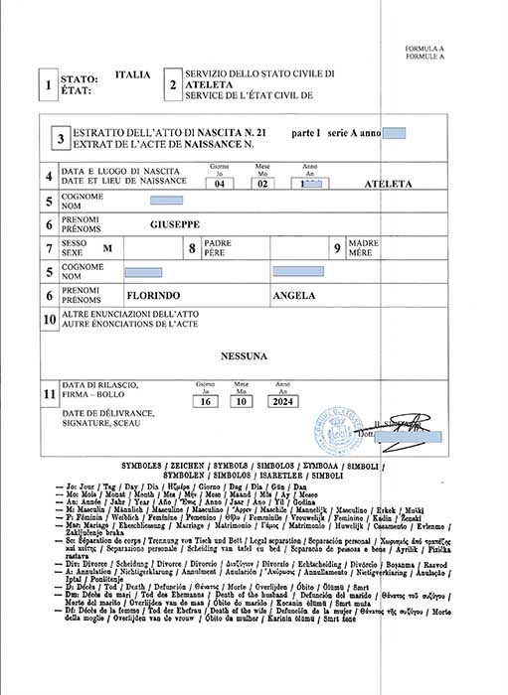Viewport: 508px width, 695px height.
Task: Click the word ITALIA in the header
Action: coord(133,74)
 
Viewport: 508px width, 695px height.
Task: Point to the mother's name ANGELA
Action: coord(294,296)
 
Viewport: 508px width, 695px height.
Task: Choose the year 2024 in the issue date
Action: coord(282,402)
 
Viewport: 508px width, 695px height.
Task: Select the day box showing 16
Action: coord(205,402)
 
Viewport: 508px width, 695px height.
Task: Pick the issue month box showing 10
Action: coord(244,402)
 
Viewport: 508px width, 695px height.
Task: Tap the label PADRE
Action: coord(217,242)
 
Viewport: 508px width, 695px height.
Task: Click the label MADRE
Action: coord(363,242)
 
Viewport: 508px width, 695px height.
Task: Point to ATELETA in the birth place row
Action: coord(387,185)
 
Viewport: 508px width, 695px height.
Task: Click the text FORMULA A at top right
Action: coord(424,49)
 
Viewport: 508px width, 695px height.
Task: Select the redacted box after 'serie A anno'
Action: coord(394,133)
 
